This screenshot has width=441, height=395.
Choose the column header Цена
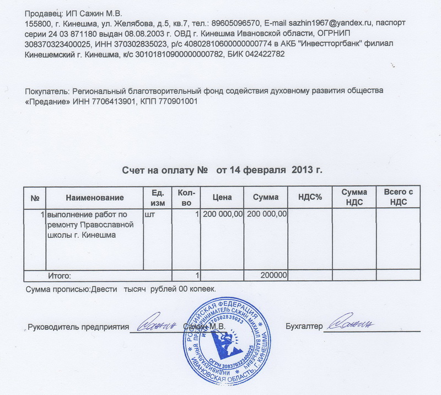pyautogui.click(x=222, y=197)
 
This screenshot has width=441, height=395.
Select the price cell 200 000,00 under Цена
pyautogui.click(x=223, y=214)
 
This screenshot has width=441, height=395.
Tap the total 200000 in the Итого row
pyautogui.click(x=273, y=275)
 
